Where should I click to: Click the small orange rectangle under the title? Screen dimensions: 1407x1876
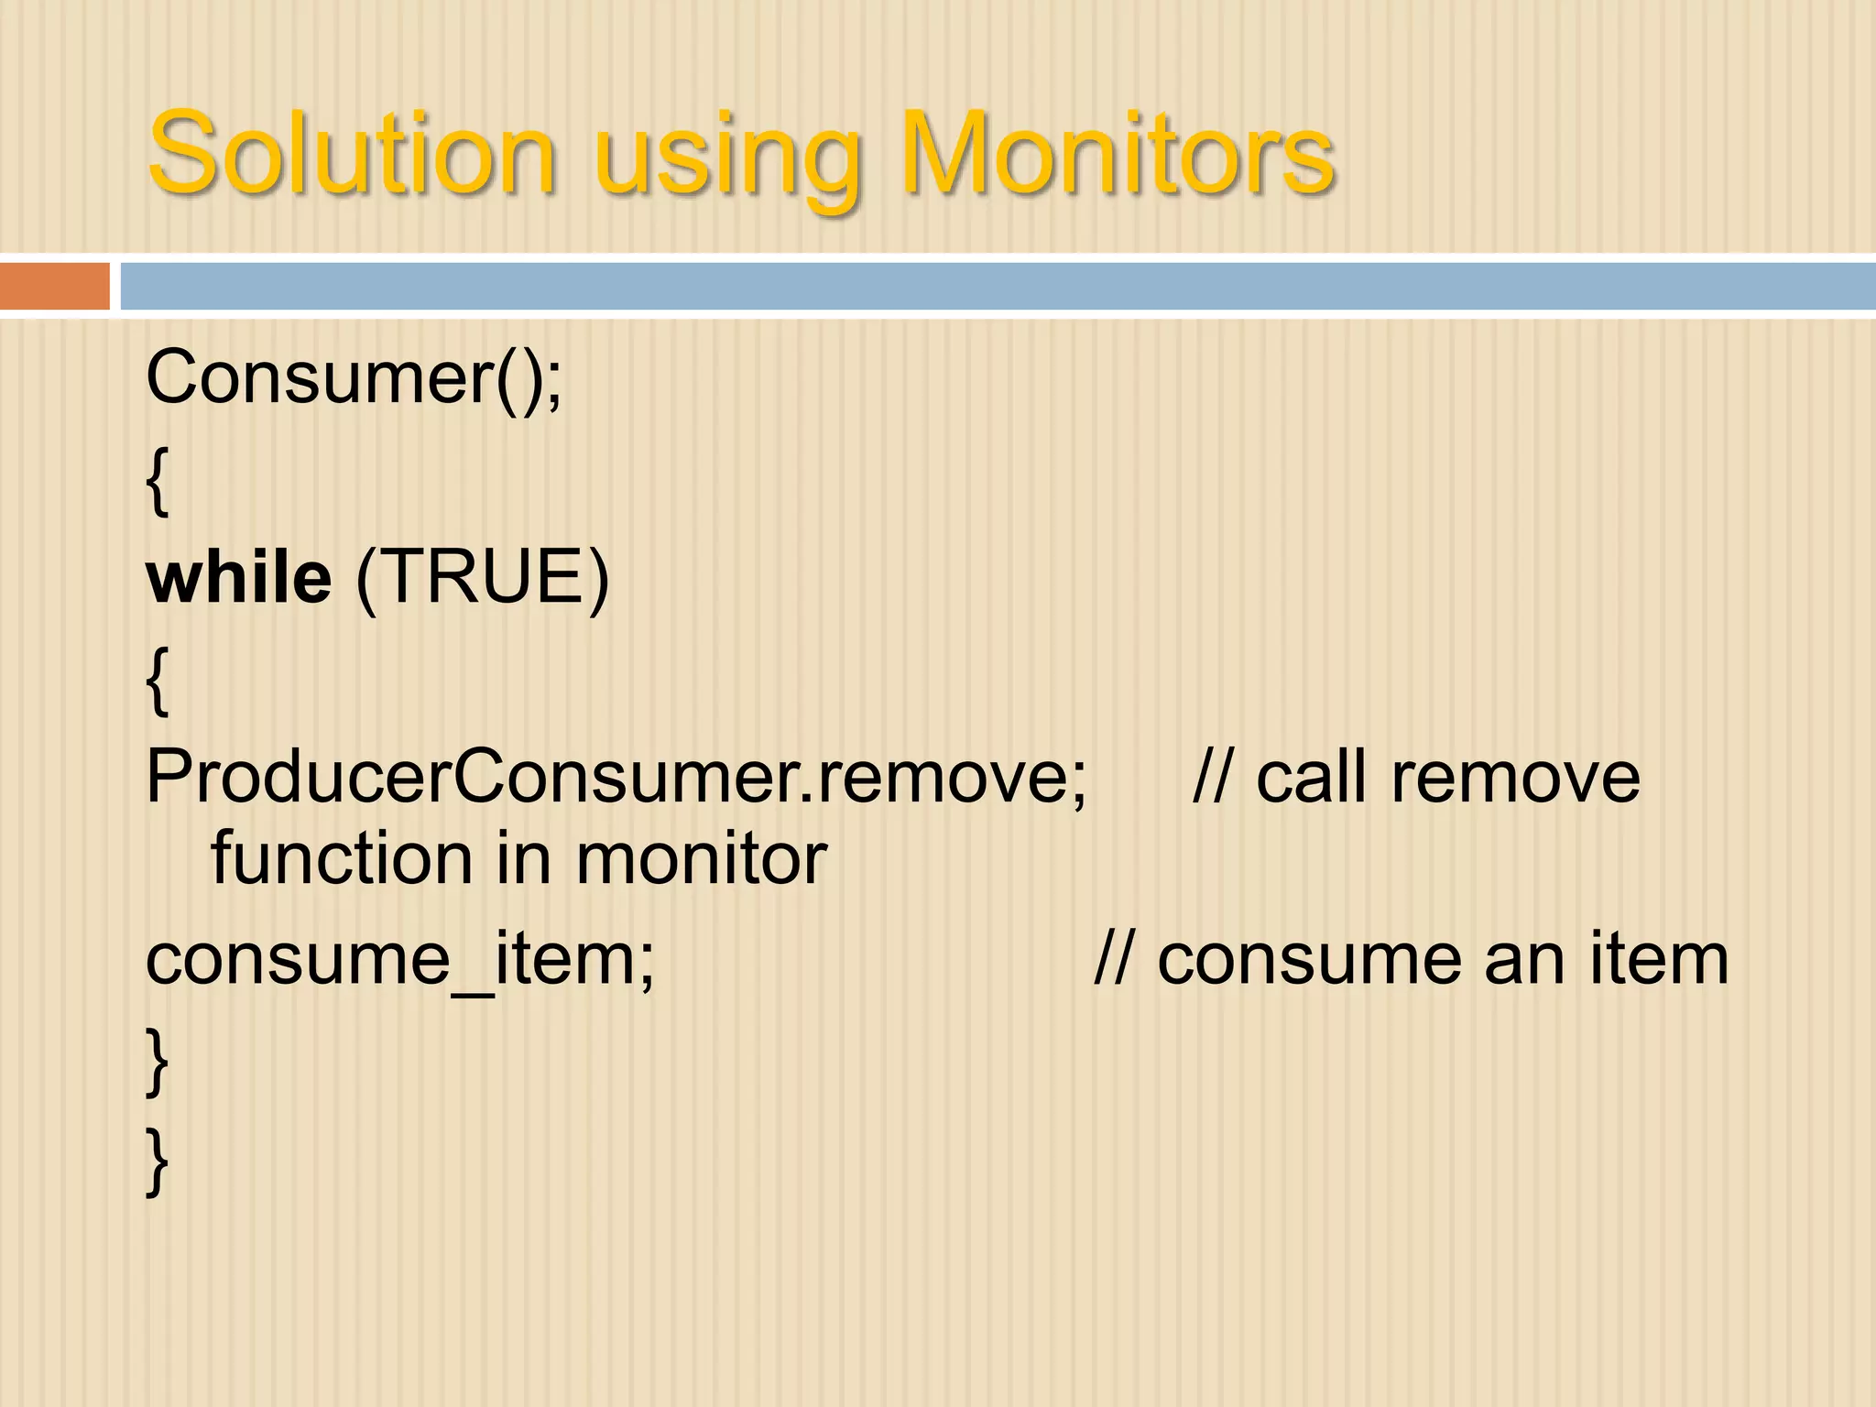pos(54,286)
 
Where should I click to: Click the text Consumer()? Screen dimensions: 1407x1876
pos(354,377)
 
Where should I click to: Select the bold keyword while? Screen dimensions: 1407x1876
pos(238,578)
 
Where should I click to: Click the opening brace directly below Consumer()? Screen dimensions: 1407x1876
pos(158,482)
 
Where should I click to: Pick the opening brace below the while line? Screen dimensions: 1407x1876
pos(158,680)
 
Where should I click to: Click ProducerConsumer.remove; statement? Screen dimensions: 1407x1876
pos(616,778)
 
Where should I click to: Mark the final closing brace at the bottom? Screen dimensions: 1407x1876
pos(158,1162)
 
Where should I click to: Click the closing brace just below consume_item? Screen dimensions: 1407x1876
pos(158,1061)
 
